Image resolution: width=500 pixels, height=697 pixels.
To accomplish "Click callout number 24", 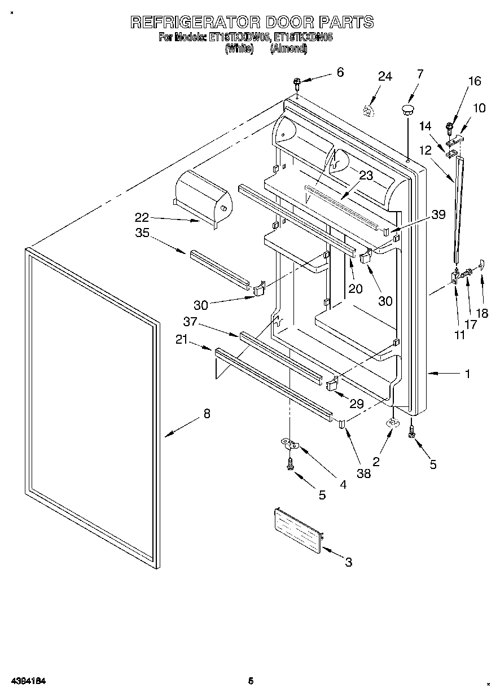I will click(385, 77).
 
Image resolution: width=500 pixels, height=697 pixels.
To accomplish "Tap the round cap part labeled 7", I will click(407, 108).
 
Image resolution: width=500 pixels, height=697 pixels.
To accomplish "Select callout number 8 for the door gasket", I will click(207, 414).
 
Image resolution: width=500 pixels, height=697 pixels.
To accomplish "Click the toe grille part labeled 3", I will click(297, 526).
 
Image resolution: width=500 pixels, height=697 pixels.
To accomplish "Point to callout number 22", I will click(142, 216).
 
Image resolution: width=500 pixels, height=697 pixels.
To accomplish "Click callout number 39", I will click(438, 214).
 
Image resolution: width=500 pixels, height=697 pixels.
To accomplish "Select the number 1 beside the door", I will click(467, 373).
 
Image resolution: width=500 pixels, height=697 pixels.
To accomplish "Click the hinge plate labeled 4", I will click(291, 445).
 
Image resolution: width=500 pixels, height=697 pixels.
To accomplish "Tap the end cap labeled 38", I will click(342, 424).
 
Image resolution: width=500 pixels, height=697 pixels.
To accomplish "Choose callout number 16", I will click(475, 81).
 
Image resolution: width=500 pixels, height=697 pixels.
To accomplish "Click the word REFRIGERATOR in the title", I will click(195, 22).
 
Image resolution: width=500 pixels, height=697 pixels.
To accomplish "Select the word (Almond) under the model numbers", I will click(288, 50).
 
